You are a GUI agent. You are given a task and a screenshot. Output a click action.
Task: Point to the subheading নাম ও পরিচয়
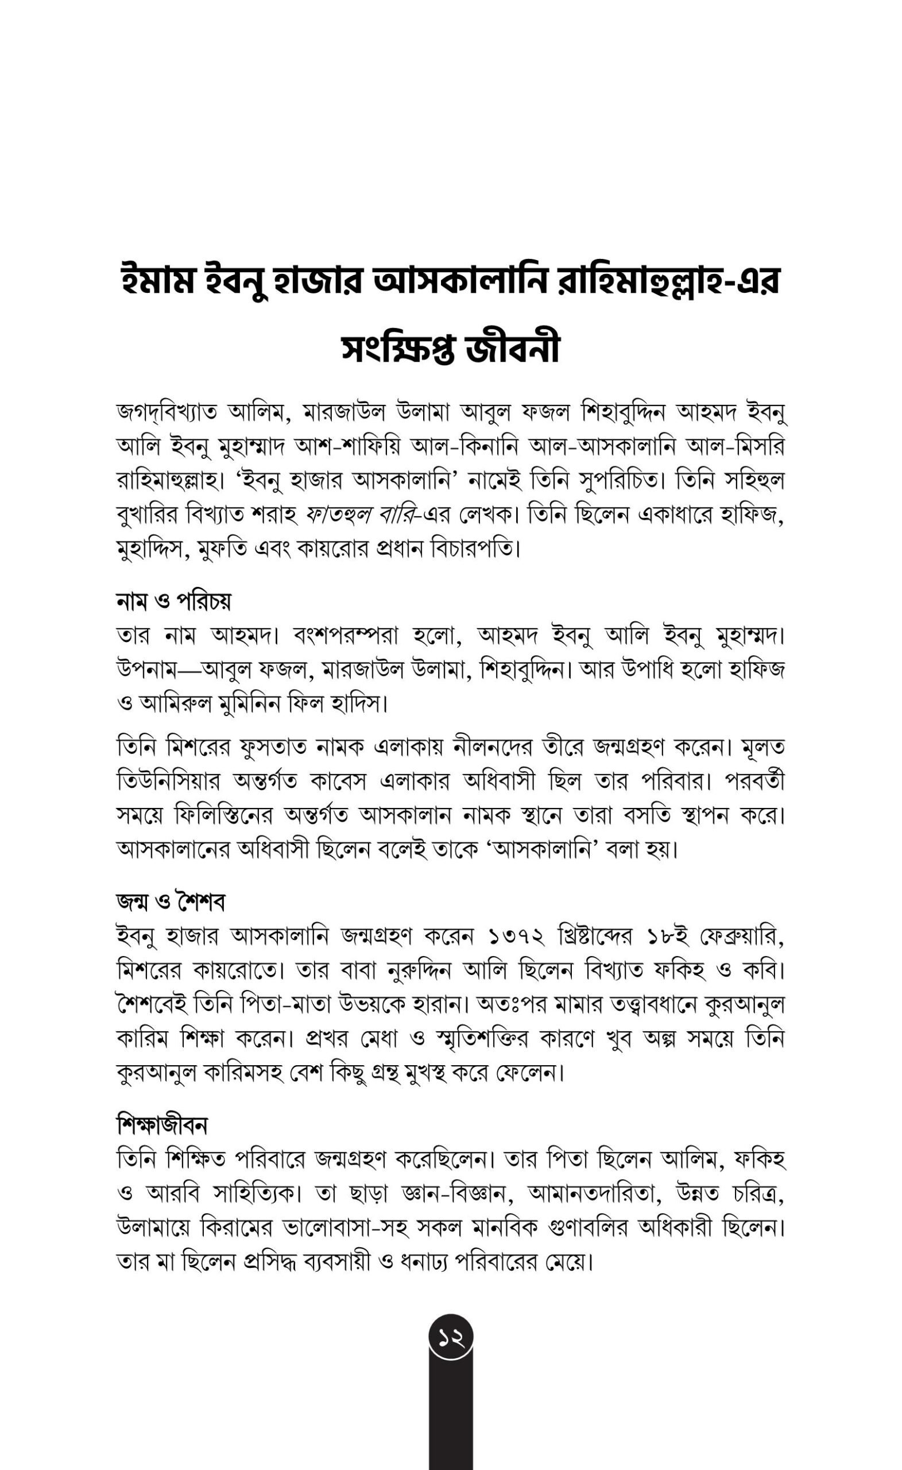(173, 601)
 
